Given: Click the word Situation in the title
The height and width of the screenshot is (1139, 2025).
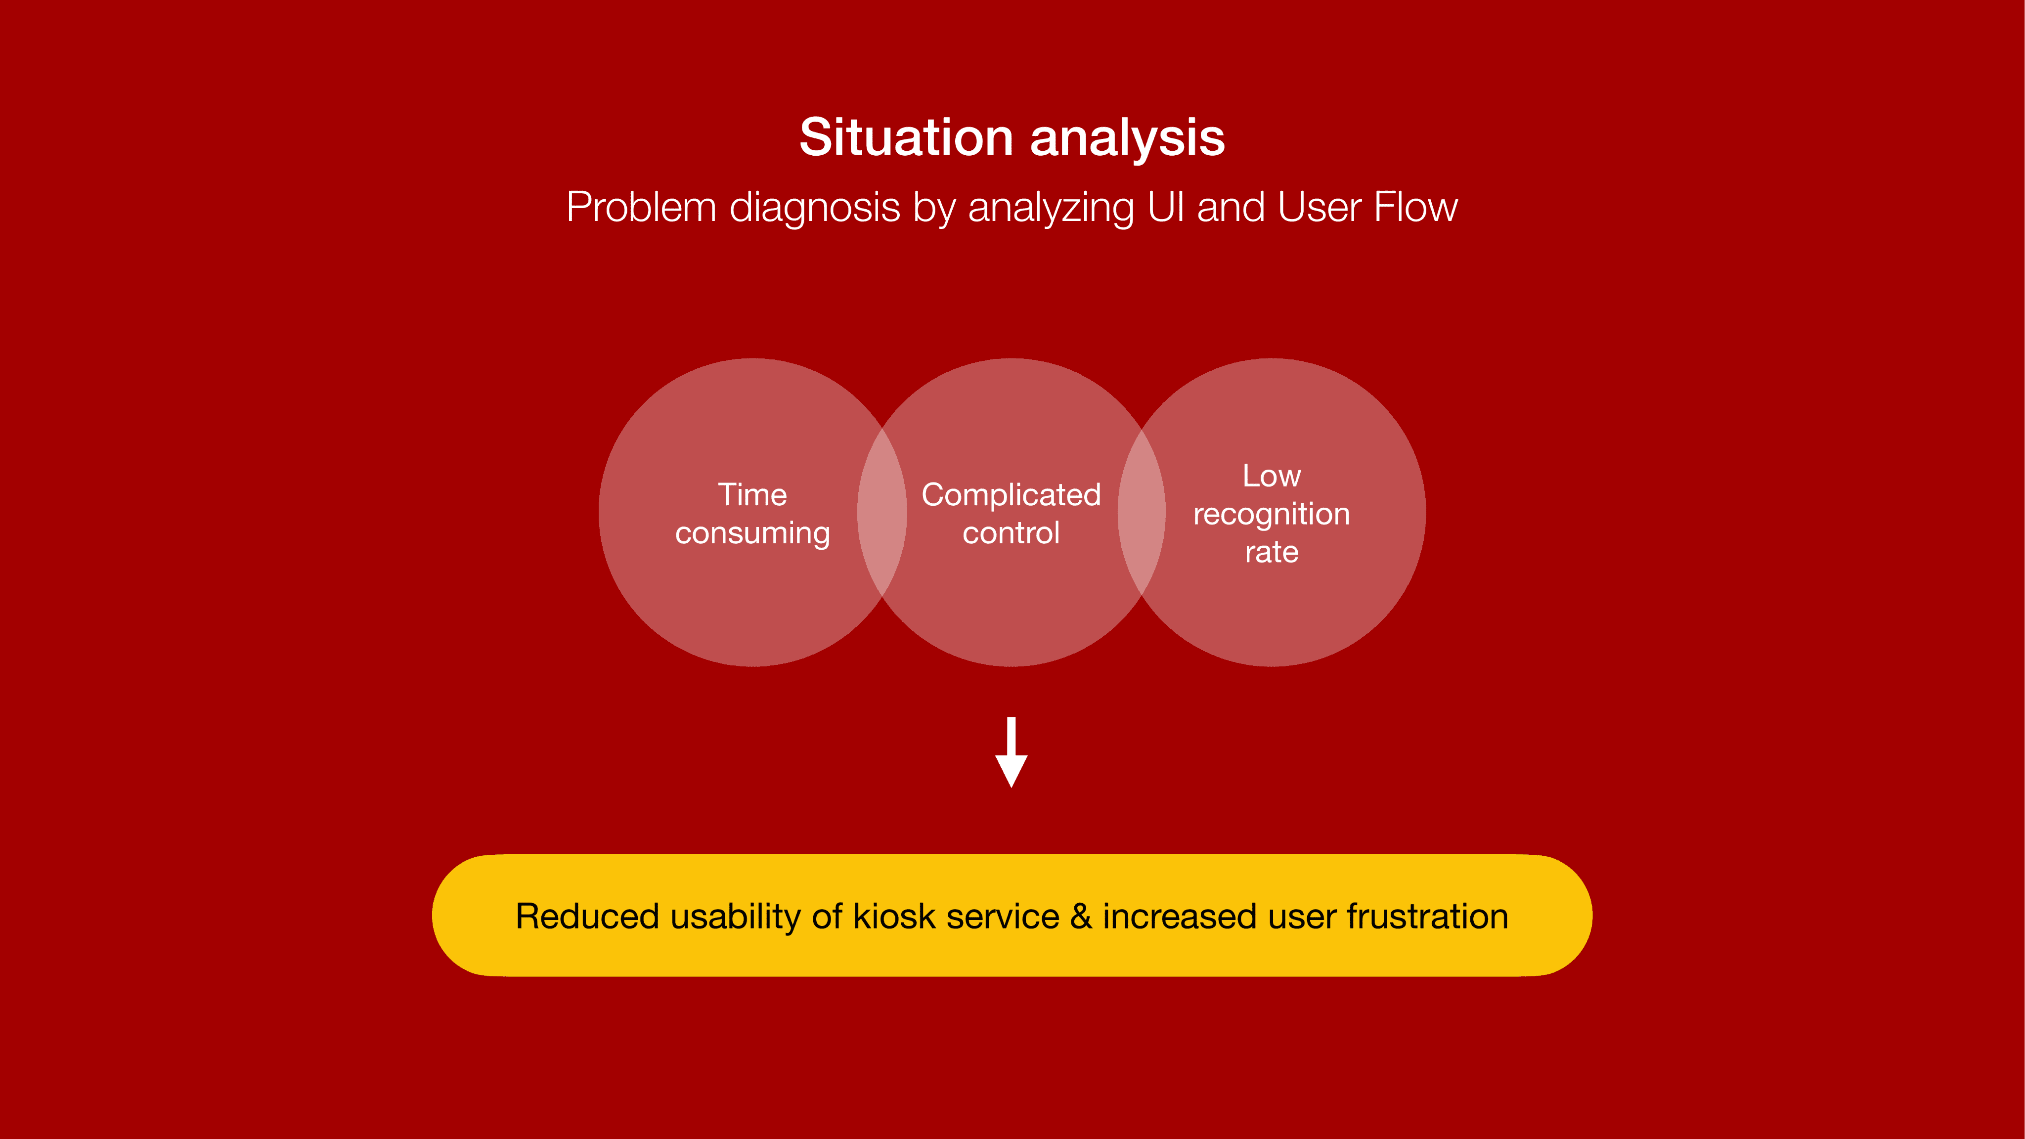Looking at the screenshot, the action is tap(906, 137).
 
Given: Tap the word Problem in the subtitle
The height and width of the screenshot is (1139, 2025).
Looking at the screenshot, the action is tap(641, 208).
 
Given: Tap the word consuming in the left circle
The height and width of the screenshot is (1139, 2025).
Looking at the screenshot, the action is tap(752, 534).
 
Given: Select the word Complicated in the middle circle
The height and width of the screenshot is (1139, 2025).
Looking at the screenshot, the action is tap(1011, 495).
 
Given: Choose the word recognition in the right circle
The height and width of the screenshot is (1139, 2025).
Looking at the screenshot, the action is tap(1271, 515).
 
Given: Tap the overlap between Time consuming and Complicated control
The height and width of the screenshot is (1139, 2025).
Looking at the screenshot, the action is tap(882, 513).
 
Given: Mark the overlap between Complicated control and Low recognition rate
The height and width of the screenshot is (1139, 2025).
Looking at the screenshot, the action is tap(1142, 513).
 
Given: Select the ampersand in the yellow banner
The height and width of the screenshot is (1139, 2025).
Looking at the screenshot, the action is tap(1081, 917).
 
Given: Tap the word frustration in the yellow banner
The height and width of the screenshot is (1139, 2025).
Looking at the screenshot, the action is tap(1427, 917).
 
